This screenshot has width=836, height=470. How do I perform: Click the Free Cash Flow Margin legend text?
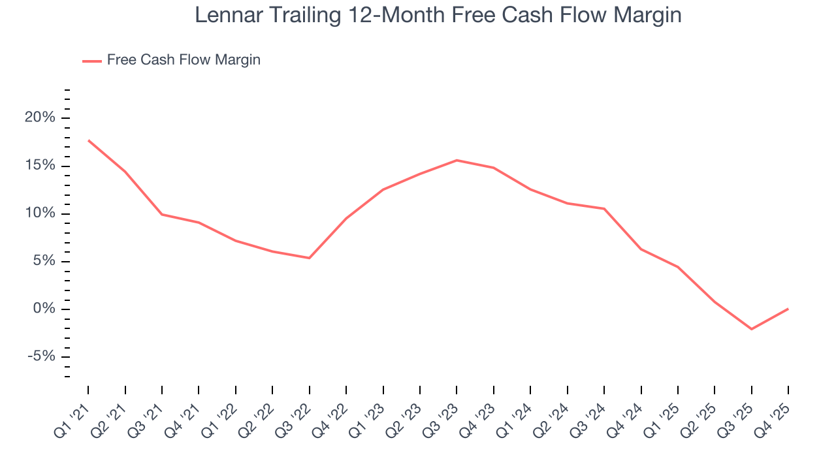point(184,60)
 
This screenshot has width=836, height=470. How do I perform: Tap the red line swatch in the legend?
point(91,61)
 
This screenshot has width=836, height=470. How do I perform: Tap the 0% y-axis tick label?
point(44,309)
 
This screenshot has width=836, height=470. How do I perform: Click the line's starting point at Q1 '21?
point(88,140)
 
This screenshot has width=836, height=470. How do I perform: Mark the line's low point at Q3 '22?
point(309,258)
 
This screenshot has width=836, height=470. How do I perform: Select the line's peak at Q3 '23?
point(457,160)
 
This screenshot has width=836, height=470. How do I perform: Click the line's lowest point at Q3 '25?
point(752,329)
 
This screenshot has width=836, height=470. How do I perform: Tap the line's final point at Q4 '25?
point(788,309)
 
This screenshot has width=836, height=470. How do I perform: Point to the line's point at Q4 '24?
point(641,249)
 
